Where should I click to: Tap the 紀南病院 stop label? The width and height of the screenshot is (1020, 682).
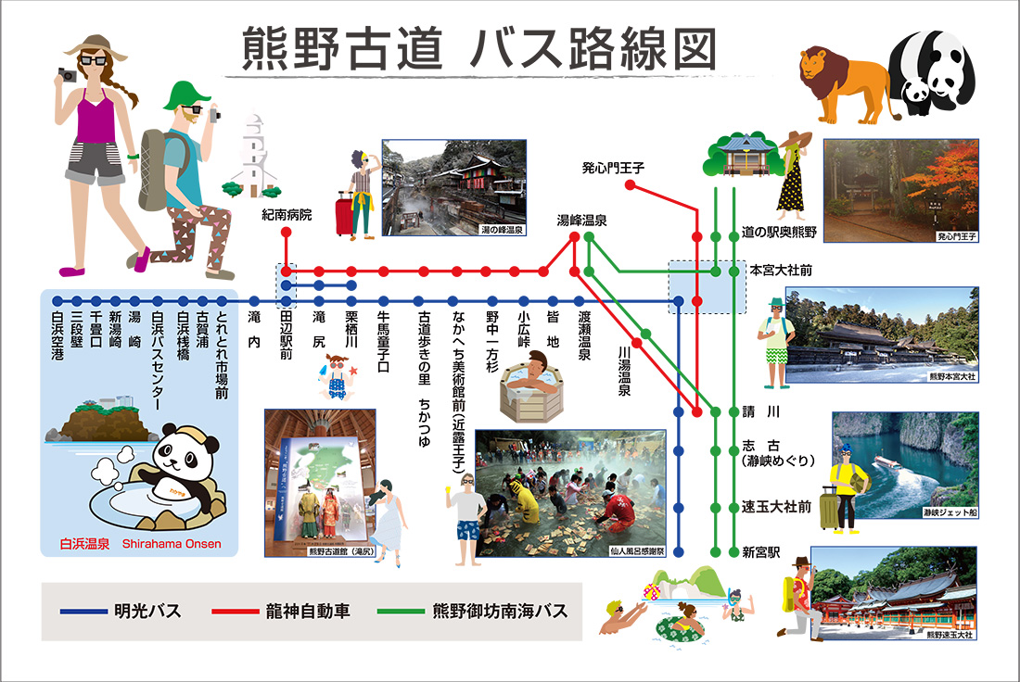click(x=287, y=215)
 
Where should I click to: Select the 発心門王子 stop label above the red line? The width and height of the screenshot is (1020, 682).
click(x=613, y=168)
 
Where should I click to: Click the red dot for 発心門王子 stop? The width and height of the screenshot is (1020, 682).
click(x=631, y=185)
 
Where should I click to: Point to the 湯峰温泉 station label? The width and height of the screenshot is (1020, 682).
click(x=581, y=221)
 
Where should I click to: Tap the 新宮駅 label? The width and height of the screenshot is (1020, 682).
click(x=760, y=553)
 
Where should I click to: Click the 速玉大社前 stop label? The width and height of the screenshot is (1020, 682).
click(x=777, y=507)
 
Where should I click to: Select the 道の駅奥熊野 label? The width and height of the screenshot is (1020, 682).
click(x=779, y=233)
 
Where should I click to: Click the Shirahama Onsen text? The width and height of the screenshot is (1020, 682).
click(x=172, y=544)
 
